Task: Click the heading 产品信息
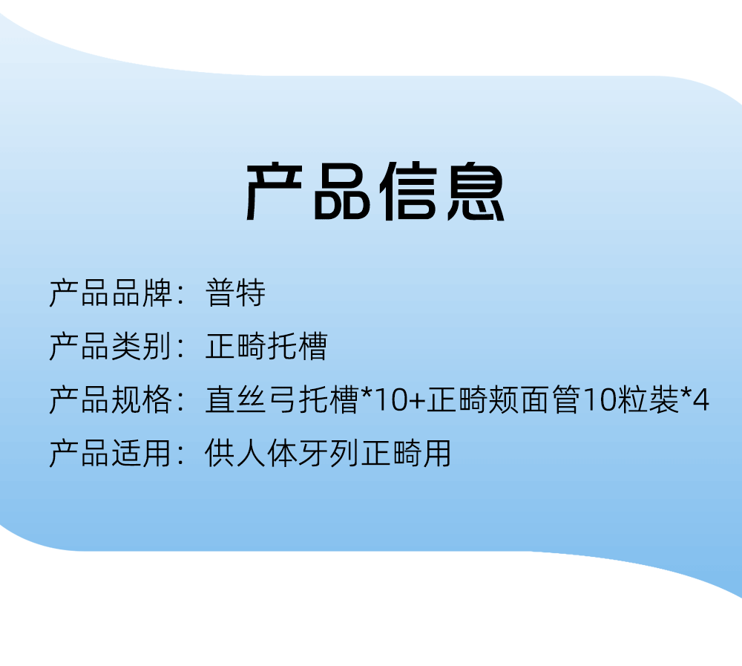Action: pyautogui.click(x=375, y=191)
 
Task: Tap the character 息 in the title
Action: pyautogui.click(x=476, y=191)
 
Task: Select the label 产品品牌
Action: pyautogui.click(x=111, y=293)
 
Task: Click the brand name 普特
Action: pyautogui.click(x=236, y=293)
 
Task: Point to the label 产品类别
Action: pyautogui.click(x=111, y=346)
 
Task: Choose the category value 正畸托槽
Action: pyautogui.click(x=266, y=346)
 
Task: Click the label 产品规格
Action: pyautogui.click(x=111, y=399)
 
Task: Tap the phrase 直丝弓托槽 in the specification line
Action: pyautogui.click(x=281, y=399)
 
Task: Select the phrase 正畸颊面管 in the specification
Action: pyautogui.click(x=503, y=399)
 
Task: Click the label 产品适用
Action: pyautogui.click(x=111, y=454)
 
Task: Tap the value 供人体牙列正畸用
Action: pyautogui.click(x=328, y=454)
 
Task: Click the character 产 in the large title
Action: pyautogui.click(x=275, y=191)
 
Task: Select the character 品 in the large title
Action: pyautogui.click(x=341, y=192)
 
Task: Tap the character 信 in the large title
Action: pyautogui.click(x=408, y=191)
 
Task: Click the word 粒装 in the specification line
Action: pyautogui.click(x=649, y=399)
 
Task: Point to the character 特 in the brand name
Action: pyautogui.click(x=252, y=293)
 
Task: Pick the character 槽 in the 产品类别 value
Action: pyautogui.click(x=312, y=346)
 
